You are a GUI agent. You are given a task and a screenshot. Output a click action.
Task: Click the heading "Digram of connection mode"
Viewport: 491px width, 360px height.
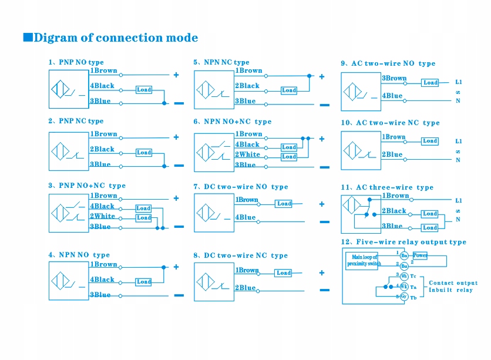point(116,38)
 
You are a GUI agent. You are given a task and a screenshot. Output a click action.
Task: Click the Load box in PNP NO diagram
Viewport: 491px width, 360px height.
point(144,90)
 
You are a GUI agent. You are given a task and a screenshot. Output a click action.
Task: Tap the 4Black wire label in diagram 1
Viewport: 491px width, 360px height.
point(102,86)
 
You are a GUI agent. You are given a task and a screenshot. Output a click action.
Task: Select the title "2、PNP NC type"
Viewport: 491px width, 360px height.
point(76,121)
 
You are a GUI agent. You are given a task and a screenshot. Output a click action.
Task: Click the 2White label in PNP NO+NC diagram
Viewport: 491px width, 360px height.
point(103,216)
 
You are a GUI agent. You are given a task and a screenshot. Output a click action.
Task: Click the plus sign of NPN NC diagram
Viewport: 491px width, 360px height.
point(322,76)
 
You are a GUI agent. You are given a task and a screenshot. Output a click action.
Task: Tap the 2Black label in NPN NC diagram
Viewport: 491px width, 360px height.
point(247,86)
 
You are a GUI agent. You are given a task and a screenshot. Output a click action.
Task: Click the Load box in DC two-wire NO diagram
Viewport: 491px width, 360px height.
point(284,204)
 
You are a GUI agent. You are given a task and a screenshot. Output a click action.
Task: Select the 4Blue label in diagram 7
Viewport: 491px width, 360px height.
point(246,217)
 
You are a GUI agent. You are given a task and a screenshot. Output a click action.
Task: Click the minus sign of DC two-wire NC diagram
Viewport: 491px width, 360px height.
point(324,289)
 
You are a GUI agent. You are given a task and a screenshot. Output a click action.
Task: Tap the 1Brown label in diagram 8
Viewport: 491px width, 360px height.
point(247,270)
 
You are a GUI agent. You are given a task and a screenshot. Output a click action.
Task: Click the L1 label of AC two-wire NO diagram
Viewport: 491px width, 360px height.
point(459,82)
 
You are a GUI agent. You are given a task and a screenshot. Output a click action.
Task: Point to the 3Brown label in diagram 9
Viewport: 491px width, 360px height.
point(394,78)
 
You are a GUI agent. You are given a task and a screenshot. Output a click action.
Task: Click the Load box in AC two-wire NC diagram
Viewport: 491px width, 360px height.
point(430,141)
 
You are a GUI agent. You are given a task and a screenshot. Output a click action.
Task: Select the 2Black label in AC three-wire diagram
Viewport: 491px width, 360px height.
point(394,211)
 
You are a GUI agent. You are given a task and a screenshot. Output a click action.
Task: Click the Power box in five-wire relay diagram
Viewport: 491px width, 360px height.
point(420,255)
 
